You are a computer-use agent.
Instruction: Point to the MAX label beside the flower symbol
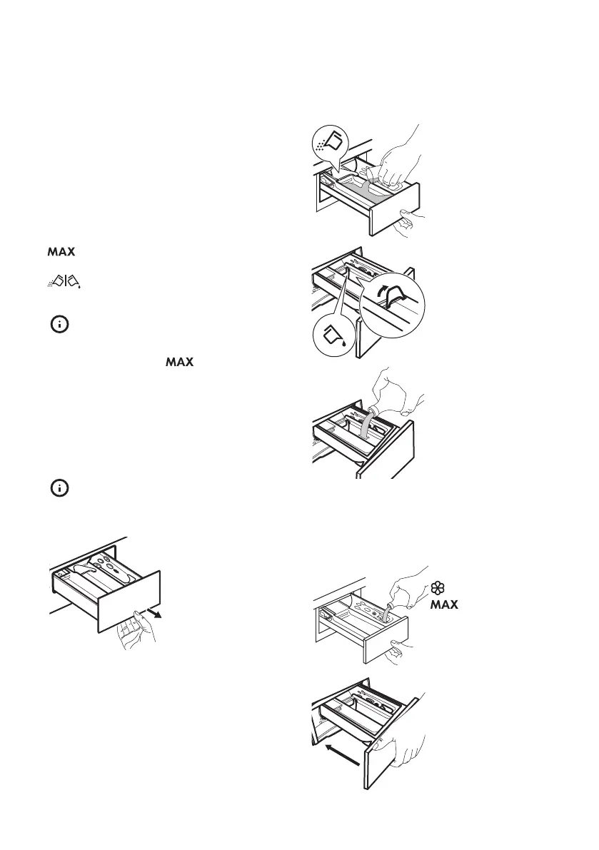pyautogui.click(x=444, y=604)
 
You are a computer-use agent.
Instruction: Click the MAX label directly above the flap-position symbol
pyautogui.click(x=62, y=253)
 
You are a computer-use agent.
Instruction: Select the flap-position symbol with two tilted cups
pyautogui.click(x=63, y=283)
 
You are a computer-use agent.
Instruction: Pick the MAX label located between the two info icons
pyautogui.click(x=180, y=363)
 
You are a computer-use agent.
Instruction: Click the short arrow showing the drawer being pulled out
pyautogui.click(x=163, y=612)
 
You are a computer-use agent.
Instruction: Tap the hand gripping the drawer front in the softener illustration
pyautogui.click(x=397, y=649)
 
